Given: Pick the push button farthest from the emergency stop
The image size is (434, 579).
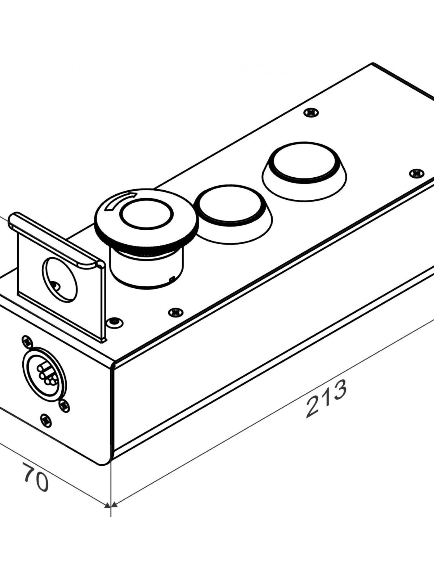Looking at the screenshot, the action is pos(304,163).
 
